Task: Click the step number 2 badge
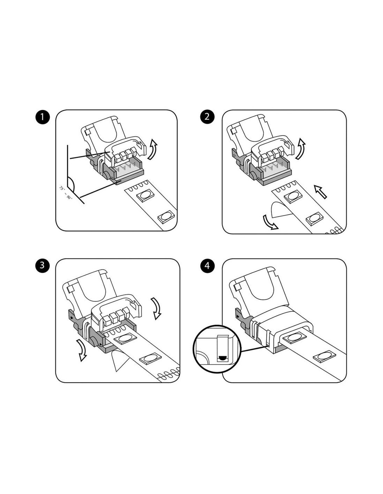pyautogui.click(x=207, y=117)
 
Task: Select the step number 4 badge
pyautogui.click(x=207, y=265)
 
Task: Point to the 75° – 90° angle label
pyautogui.click(x=65, y=193)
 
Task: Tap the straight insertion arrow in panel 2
pyautogui.click(x=321, y=191)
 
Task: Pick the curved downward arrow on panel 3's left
pyautogui.click(x=81, y=350)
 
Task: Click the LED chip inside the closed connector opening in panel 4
pyautogui.click(x=295, y=338)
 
